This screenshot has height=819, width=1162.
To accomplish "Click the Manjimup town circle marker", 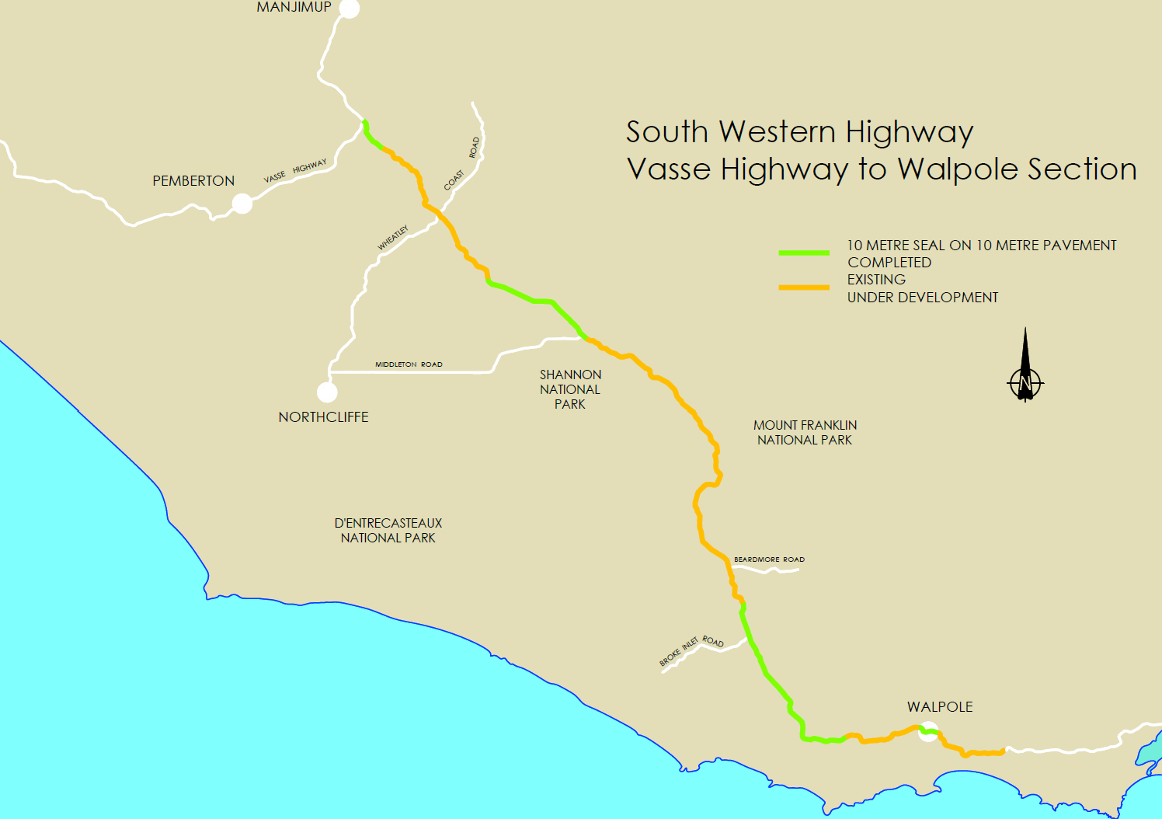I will [350, 9].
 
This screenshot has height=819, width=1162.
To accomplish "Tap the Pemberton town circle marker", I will [242, 204].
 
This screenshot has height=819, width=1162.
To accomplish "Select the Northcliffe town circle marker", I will [327, 392].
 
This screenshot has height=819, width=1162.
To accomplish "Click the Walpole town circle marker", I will [928, 731].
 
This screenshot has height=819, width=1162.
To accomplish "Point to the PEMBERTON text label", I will [193, 181].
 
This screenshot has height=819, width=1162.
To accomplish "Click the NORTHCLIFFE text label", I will [323, 417].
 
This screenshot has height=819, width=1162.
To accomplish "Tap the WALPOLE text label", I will [940, 707].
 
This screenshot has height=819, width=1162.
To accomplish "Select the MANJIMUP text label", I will [294, 7].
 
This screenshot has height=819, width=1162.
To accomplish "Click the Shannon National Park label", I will [570, 389].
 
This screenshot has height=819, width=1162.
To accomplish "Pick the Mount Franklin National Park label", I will [805, 433].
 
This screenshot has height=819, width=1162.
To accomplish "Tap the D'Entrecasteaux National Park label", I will [388, 531].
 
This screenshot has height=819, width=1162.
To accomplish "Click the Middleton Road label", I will [409, 364].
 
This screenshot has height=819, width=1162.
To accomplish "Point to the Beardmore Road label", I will [769, 559].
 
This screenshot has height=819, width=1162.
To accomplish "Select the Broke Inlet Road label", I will [691, 650].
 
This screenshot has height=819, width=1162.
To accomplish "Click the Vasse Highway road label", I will [295, 172].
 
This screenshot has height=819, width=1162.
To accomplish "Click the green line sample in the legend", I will [804, 253].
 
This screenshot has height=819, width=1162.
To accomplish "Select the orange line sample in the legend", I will [804, 288].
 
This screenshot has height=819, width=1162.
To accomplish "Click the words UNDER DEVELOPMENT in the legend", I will [922, 298].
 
